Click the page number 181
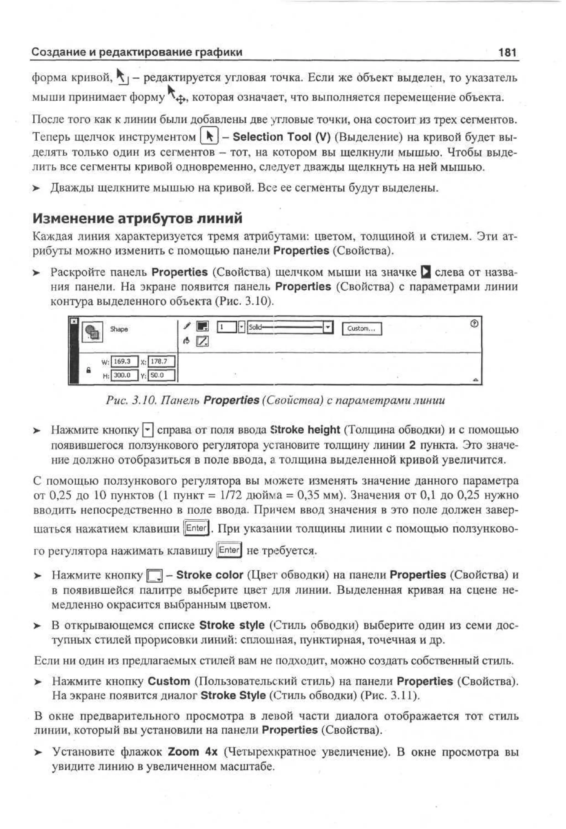507,53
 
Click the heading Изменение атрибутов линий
137,218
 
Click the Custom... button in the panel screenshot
361,329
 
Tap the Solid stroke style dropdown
289,327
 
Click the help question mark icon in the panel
474,324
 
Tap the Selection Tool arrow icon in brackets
209,136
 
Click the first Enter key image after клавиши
196,528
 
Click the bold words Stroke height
305,430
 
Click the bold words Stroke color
209,575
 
